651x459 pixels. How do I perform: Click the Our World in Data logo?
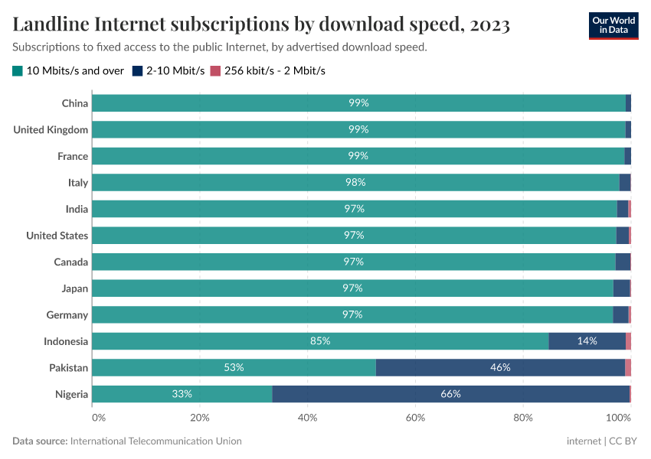pyautogui.click(x=613, y=25)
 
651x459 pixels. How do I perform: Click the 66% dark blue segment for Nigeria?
pyautogui.click(x=450, y=394)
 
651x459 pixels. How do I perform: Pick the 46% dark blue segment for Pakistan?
pyautogui.click(x=500, y=367)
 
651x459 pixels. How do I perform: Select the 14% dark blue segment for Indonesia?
pyautogui.click(x=587, y=341)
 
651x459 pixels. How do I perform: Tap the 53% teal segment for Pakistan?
pyautogui.click(x=234, y=367)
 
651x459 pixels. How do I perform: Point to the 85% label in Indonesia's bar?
pyautogui.click(x=320, y=341)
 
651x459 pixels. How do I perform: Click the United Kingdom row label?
pyautogui.click(x=51, y=130)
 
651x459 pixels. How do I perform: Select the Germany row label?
pyautogui.click(x=67, y=315)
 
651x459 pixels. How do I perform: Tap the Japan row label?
pyautogui.click(x=75, y=288)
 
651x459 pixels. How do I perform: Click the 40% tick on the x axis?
pyautogui.click(x=307, y=418)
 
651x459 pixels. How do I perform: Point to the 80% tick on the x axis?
pyautogui.click(x=523, y=418)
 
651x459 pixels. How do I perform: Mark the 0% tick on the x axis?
pyautogui.click(x=98, y=418)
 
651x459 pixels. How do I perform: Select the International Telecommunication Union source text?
pyautogui.click(x=155, y=441)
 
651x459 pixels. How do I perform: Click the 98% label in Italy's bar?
pyautogui.click(x=355, y=183)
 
